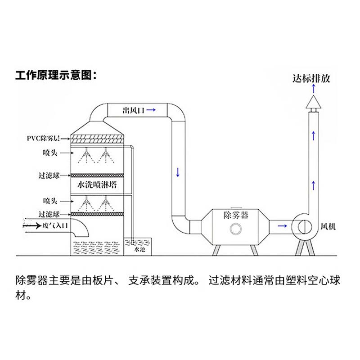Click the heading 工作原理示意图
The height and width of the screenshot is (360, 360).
56,75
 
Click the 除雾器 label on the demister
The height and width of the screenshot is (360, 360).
236,215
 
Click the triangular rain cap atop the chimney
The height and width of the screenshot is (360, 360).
314,103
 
